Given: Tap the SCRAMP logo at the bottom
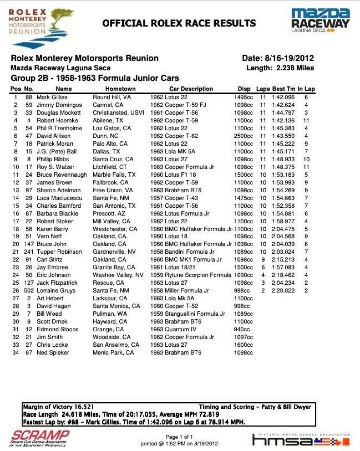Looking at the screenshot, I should point(40,438).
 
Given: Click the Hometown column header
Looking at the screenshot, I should point(120,89).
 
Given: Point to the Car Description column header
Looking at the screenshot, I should point(191,89).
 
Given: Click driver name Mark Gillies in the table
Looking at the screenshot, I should point(52,97).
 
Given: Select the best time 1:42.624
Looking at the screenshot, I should point(283,105).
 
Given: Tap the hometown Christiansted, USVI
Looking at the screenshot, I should point(118,113).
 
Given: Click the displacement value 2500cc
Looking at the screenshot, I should point(243,136).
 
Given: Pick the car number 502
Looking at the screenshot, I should point(28,290).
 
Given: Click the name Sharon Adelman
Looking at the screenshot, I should point(58,190).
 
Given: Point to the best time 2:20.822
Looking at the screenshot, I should point(283,290).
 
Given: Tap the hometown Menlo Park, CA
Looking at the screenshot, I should point(113,353).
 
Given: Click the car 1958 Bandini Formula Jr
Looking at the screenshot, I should point(182,252).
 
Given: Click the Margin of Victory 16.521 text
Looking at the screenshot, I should point(59,407).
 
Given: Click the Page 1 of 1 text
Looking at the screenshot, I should point(179,437).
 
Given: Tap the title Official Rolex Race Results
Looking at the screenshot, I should point(179,23).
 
